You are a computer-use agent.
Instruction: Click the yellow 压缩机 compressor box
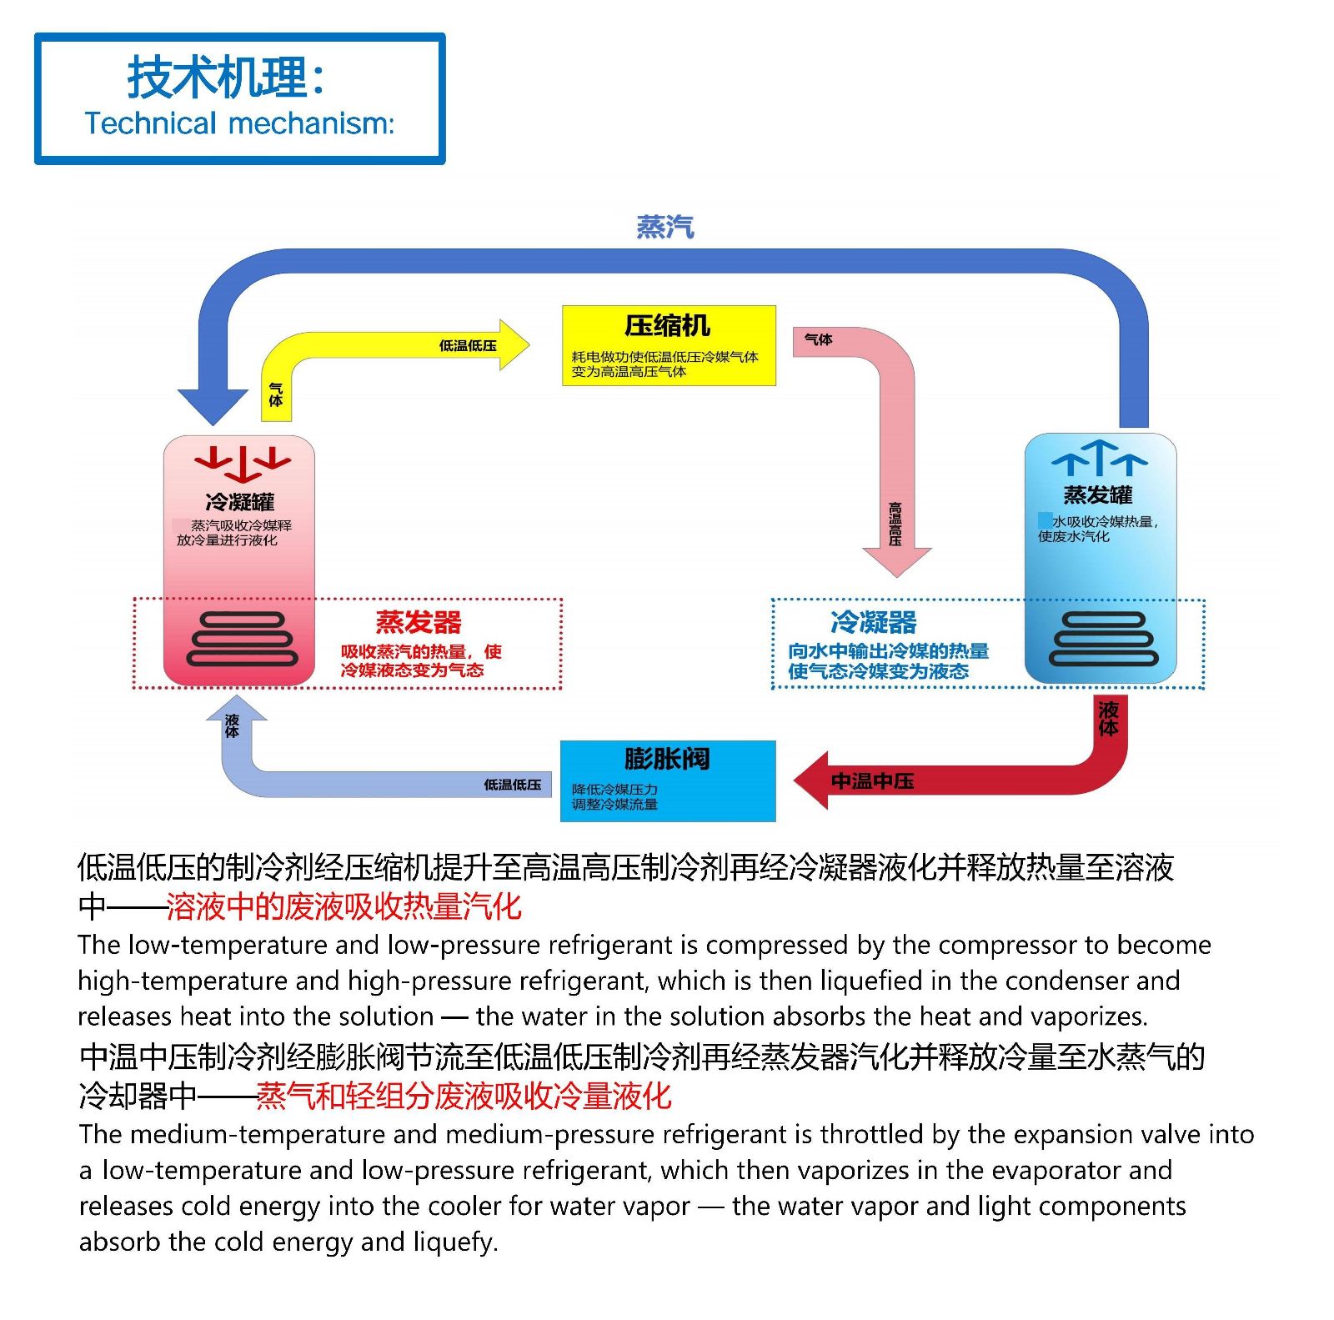tap(669, 345)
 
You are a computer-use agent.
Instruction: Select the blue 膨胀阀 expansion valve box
tap(668, 780)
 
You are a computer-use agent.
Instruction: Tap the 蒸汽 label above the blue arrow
tap(664, 227)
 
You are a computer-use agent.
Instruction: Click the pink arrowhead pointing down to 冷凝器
tap(896, 561)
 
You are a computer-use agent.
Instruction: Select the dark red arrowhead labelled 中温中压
tap(813, 780)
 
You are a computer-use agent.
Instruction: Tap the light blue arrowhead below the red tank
tap(236, 709)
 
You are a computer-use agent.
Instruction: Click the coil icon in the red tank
tap(243, 640)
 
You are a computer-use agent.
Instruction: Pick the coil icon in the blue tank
tap(1103, 639)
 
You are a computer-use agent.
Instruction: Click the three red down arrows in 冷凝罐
tap(243, 464)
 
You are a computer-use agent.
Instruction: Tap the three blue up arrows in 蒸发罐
tap(1099, 458)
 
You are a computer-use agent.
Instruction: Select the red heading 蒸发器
tap(419, 622)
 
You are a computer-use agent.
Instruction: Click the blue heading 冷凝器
tap(873, 622)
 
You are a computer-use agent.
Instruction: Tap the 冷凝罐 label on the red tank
tap(239, 502)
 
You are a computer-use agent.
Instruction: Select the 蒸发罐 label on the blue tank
tap(1098, 495)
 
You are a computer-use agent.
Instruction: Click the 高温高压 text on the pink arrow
tap(895, 524)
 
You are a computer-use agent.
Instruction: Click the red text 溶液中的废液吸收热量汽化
tap(344, 906)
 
